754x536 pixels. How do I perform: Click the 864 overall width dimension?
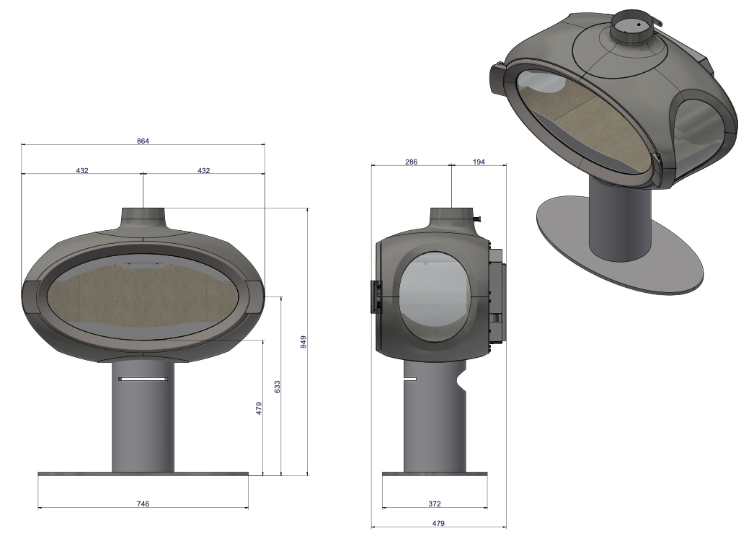pos(143,141)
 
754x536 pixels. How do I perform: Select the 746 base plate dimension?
pos(143,504)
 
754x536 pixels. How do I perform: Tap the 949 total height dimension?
pos(303,341)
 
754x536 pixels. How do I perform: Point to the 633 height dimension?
pos(277,386)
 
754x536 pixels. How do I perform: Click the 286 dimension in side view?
pos(411,162)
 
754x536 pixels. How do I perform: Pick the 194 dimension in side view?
pos(479,162)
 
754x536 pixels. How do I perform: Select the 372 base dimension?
pos(434,504)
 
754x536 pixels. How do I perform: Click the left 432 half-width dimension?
pos(81,170)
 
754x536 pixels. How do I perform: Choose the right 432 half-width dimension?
pos(204,170)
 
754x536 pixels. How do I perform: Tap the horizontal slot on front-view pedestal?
pos(143,378)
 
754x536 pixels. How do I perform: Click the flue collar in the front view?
pos(143,217)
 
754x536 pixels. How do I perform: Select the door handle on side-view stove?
pos(374,296)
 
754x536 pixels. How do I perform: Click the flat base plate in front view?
pos(143,474)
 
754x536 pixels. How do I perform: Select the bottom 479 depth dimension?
pos(438,522)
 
